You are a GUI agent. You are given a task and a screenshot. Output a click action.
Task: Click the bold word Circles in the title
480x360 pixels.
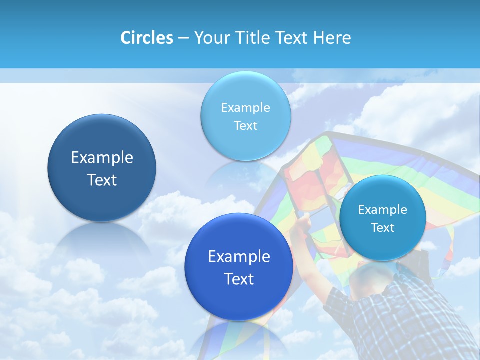(146, 38)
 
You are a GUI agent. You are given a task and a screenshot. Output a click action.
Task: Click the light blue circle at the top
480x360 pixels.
(245, 116)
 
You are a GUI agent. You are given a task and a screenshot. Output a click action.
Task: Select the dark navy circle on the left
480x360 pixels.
(102, 168)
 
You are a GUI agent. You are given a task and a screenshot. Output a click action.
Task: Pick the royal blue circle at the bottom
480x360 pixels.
(239, 267)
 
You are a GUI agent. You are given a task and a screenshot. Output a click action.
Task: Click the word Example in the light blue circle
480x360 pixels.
(245, 107)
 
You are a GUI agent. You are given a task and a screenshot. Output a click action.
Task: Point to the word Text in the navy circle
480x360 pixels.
(102, 180)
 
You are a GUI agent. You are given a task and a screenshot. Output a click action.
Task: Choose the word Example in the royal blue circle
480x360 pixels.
(239, 256)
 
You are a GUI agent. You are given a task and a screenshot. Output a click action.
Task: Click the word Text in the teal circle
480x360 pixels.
(383, 228)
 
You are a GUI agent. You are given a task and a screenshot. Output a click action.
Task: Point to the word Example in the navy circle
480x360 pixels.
(102, 158)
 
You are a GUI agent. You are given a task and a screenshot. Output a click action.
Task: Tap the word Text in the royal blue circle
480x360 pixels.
(239, 279)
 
